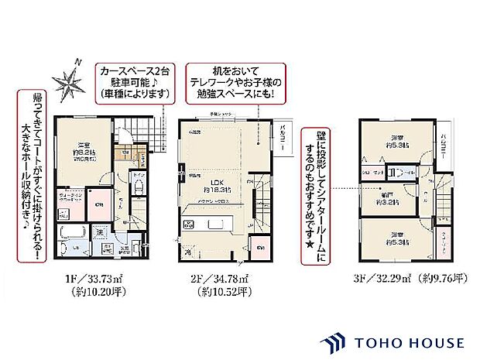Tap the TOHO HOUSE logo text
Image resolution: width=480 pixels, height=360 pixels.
(x=409, y=342)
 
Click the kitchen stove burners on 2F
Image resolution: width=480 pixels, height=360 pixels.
(x=188, y=225)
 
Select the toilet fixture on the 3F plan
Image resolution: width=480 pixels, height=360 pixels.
(x=396, y=173)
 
